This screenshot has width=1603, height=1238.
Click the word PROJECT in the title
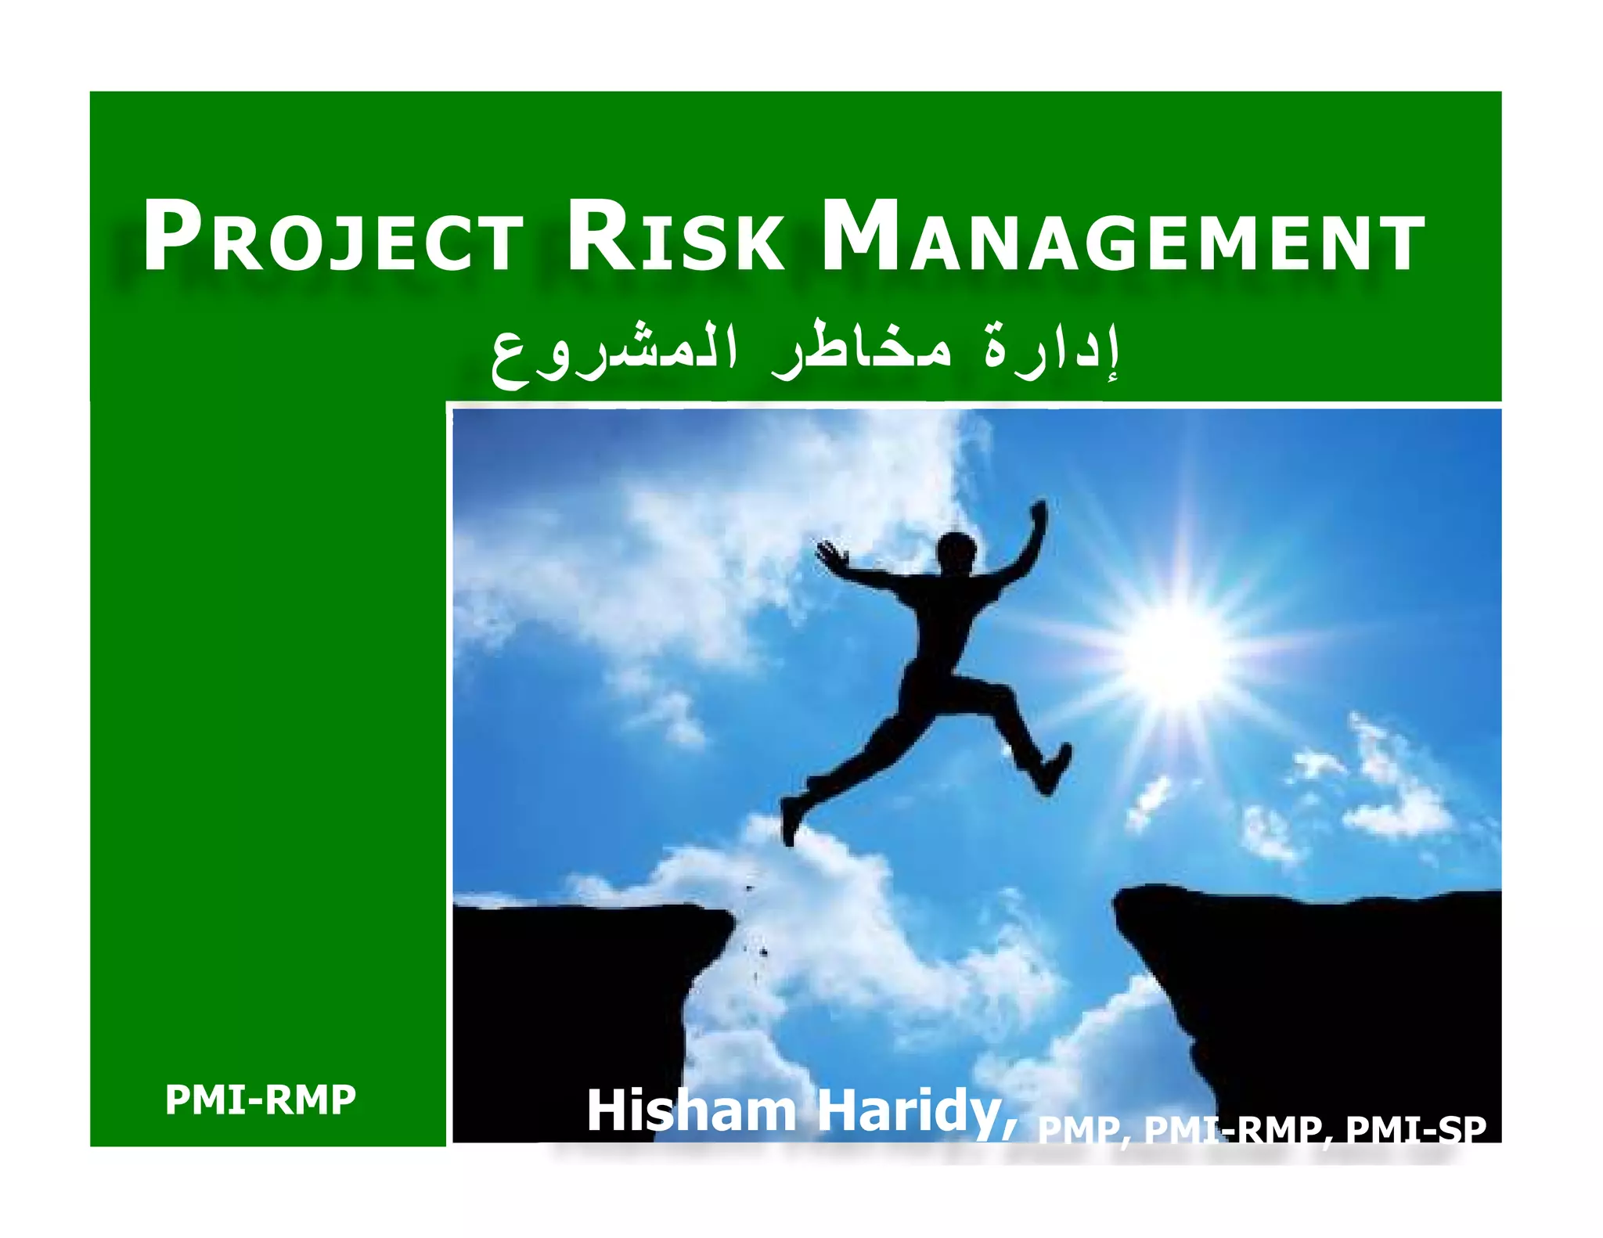[333, 236]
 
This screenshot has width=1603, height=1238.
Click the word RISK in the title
[675, 236]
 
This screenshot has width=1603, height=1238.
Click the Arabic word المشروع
[614, 356]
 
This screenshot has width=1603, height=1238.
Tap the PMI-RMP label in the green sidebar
[260, 1099]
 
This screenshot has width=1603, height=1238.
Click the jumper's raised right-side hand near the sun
[1039, 513]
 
